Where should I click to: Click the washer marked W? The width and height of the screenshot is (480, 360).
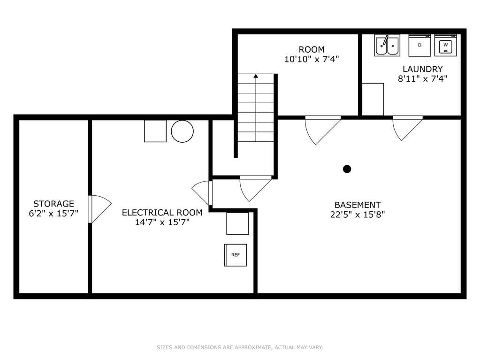point(445,46)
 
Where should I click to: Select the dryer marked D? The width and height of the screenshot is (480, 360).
point(419,46)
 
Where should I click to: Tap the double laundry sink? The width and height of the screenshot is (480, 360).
point(387,46)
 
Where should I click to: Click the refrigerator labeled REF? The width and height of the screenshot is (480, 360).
point(236,255)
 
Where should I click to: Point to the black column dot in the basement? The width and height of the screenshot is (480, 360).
point(347,169)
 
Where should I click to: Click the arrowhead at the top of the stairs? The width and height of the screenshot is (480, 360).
point(256,76)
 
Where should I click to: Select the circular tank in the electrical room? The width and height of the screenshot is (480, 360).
point(182,131)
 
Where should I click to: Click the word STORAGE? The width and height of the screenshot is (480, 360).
point(53,204)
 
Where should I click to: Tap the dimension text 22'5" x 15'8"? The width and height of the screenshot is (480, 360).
point(357,214)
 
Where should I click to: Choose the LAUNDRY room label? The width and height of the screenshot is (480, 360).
point(422,69)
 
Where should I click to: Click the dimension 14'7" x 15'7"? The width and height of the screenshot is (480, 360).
point(162,222)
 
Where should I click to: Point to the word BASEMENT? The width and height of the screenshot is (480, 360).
point(357,205)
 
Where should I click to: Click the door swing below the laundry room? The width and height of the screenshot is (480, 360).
point(407,128)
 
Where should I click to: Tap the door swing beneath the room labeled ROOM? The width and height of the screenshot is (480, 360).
point(322,130)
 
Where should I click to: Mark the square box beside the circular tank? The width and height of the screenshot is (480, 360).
point(155,131)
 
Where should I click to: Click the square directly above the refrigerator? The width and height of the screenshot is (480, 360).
point(237,223)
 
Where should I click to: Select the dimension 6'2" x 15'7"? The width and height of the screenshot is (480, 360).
point(53,214)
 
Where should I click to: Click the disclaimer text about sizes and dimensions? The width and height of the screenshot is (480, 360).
point(240,347)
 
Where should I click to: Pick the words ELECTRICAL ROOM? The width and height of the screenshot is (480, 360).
point(162,213)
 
